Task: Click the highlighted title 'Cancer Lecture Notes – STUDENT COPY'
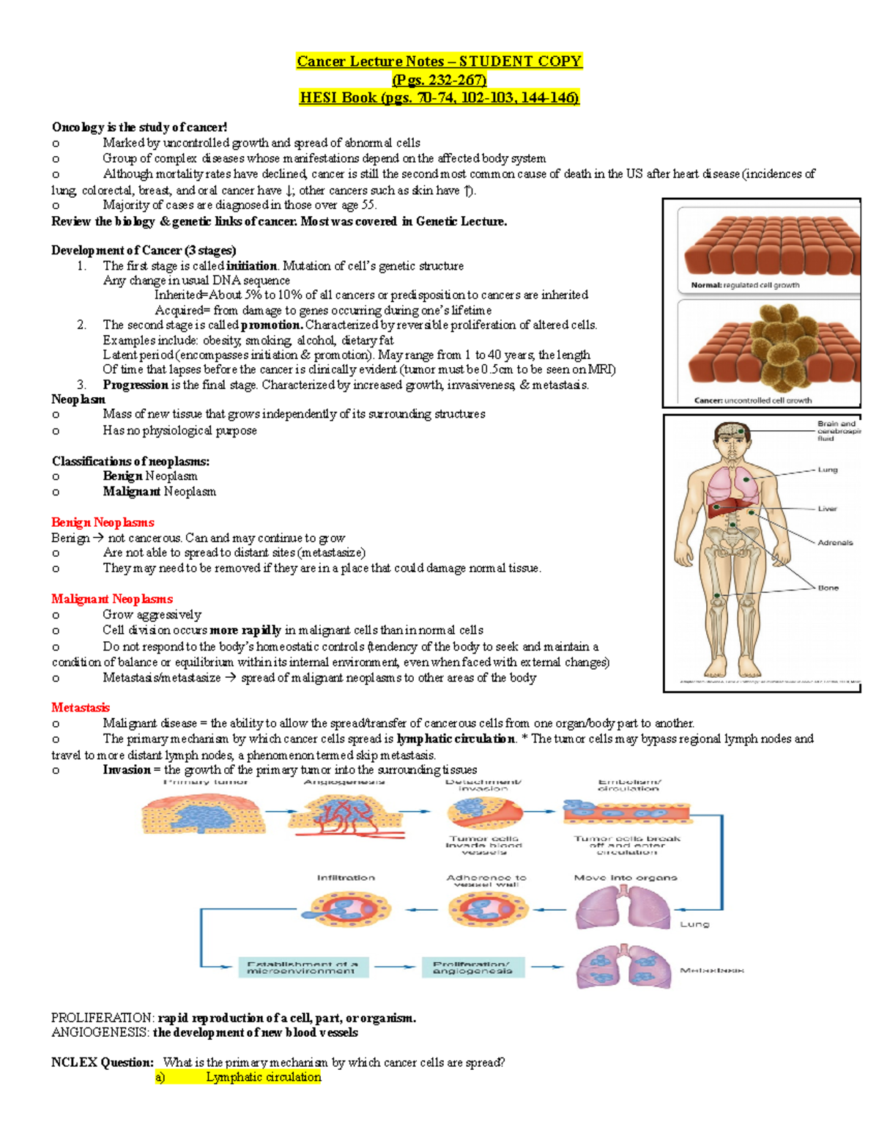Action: (439, 62)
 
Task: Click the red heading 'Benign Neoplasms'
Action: (103, 522)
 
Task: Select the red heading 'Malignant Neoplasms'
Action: (112, 599)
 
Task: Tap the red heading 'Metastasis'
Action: (81, 708)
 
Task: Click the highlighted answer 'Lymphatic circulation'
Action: (263, 1077)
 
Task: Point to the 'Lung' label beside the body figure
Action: (827, 470)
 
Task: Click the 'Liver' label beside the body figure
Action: (827, 509)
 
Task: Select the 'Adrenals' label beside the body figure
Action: (835, 543)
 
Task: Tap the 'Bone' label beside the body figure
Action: (828, 588)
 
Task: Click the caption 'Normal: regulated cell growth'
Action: (745, 285)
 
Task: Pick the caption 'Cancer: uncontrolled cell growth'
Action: (752, 400)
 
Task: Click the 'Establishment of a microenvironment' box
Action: (303, 967)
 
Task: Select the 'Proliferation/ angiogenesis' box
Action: (472, 967)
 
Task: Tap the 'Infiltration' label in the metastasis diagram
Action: (346, 878)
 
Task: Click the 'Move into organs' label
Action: (626, 878)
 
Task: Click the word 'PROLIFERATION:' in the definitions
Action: (103, 1018)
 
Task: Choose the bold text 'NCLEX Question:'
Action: (103, 1063)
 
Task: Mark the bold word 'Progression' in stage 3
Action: (136, 385)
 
